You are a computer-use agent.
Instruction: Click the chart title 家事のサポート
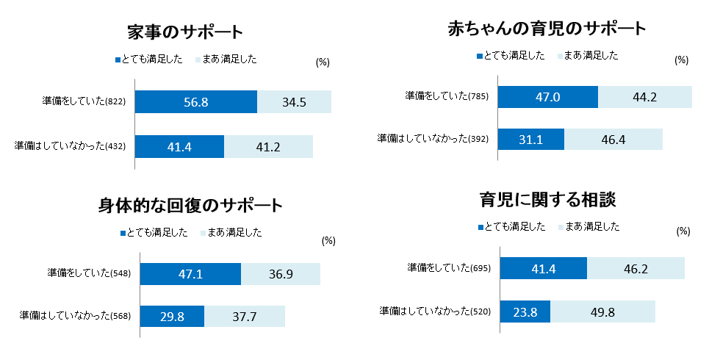[x=184, y=32]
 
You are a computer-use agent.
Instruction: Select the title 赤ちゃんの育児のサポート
[x=547, y=29]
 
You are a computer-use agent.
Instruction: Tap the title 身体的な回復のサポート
[x=190, y=205]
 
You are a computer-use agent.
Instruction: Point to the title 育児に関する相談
[x=547, y=199]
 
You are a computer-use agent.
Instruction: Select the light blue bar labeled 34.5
[x=294, y=102]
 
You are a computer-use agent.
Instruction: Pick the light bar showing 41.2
[x=269, y=147]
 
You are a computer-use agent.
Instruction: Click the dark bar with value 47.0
[x=548, y=97]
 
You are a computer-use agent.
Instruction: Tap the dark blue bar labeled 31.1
[x=531, y=140]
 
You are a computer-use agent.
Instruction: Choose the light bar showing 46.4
[x=613, y=140]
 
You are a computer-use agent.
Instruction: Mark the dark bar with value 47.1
[x=190, y=274]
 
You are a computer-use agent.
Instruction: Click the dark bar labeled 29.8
[x=172, y=317]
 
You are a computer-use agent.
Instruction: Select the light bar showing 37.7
[x=245, y=317]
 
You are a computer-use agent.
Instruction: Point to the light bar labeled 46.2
[x=636, y=268]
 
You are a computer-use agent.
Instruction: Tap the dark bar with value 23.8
[x=525, y=312]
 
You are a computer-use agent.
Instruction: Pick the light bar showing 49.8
[x=602, y=312]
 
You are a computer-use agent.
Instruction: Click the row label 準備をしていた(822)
[x=85, y=102]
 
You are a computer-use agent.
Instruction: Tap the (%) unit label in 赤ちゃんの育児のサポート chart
[x=681, y=60]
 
